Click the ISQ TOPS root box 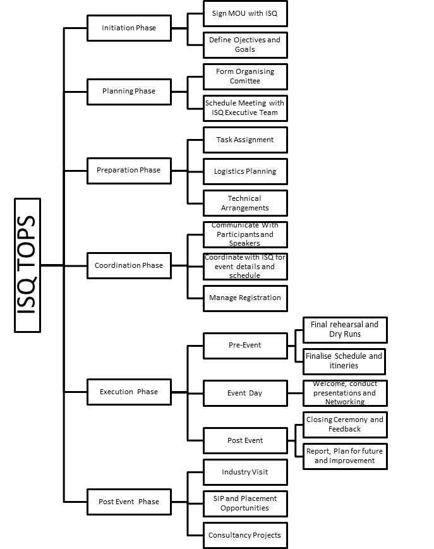[27, 265]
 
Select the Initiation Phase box [129, 28]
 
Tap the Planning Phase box [129, 92]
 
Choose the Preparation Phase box [129, 171]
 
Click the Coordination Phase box [129, 265]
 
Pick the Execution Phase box [129, 392]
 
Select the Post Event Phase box [129, 502]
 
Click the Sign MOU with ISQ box [245, 14]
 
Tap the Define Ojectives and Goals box [245, 45]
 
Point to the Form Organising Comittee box [245, 76]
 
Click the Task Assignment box [245, 140]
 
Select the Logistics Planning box [245, 171]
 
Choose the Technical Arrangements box [245, 203]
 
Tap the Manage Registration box [245, 298]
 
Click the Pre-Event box [245, 346]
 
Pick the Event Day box [245, 393]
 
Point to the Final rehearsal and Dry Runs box [345, 330]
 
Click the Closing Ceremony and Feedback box [345, 425]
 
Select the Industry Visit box [245, 472]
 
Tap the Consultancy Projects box [245, 535]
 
